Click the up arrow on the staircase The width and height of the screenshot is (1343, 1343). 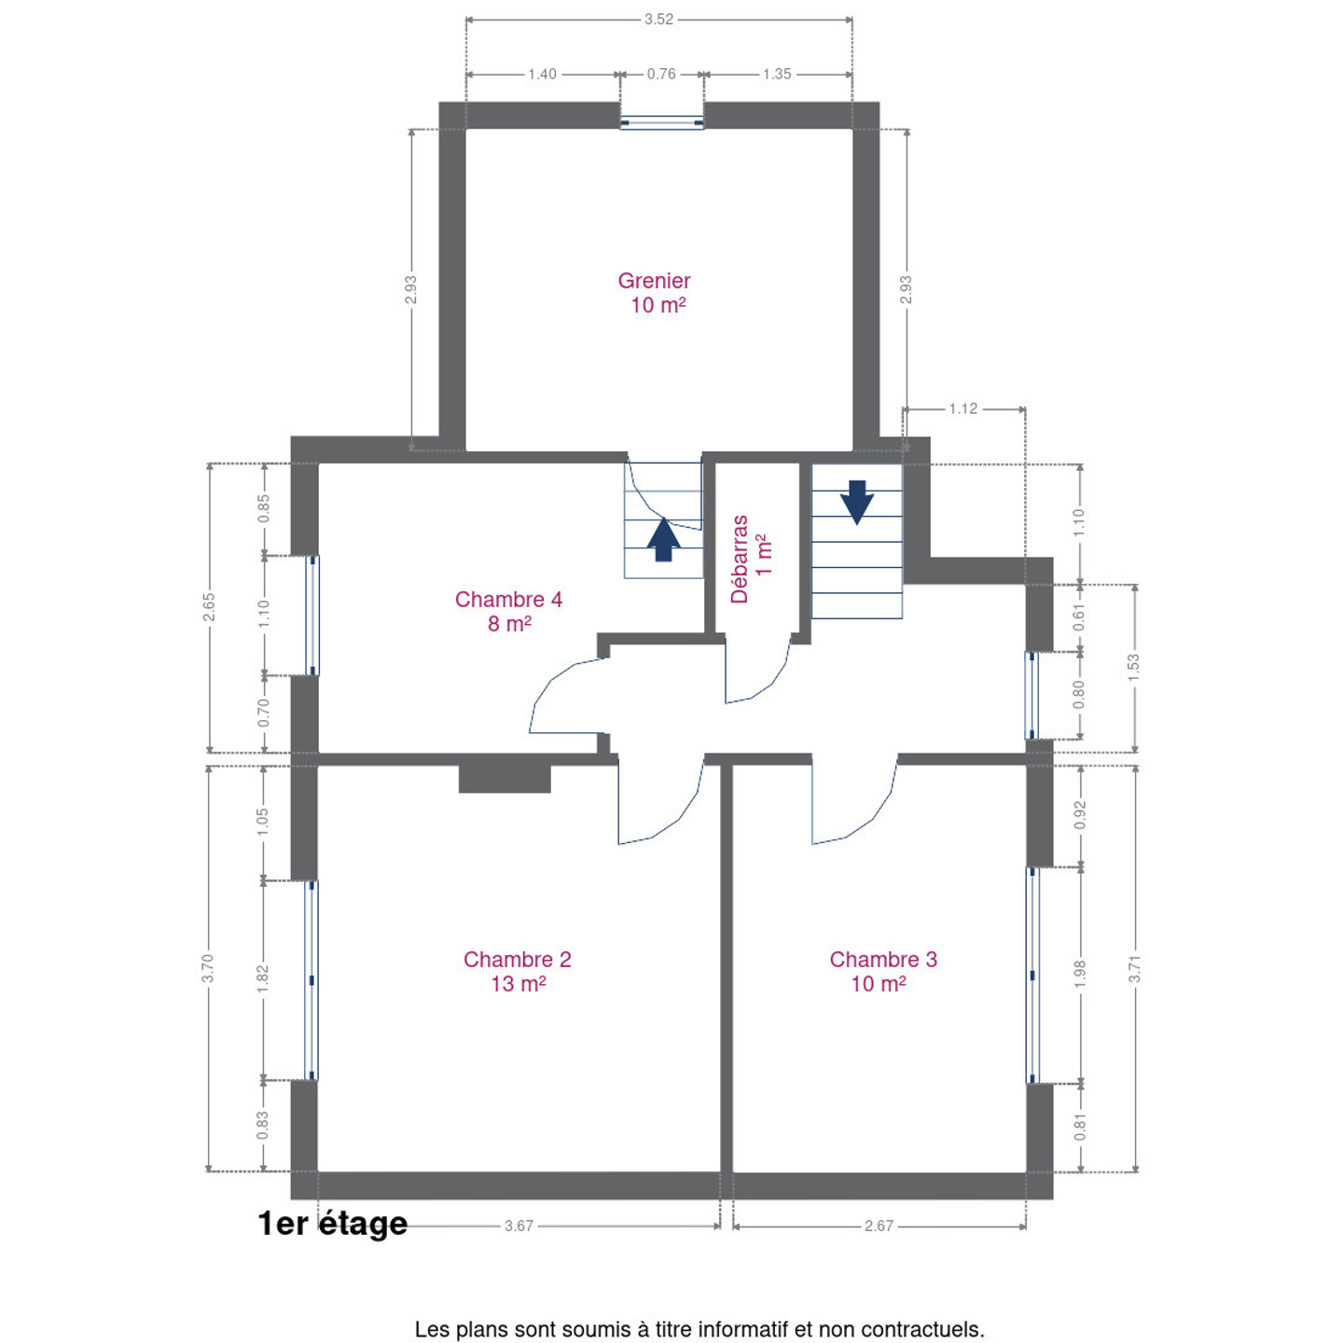(663, 540)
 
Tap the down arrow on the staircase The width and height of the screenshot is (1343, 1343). (856, 503)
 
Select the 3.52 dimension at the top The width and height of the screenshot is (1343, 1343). (658, 20)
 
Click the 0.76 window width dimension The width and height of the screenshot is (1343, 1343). (660, 74)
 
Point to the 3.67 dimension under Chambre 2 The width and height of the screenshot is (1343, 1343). (519, 1225)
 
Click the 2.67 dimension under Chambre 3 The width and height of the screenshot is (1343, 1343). (879, 1225)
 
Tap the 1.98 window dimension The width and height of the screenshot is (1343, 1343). (1080, 974)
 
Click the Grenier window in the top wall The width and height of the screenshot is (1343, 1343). (661, 123)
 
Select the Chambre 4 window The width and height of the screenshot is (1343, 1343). (313, 616)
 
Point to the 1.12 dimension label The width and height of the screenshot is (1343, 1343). (962, 408)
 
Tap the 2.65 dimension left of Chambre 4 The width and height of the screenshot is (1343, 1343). (209, 607)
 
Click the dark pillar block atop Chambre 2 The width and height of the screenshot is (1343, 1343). (505, 779)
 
